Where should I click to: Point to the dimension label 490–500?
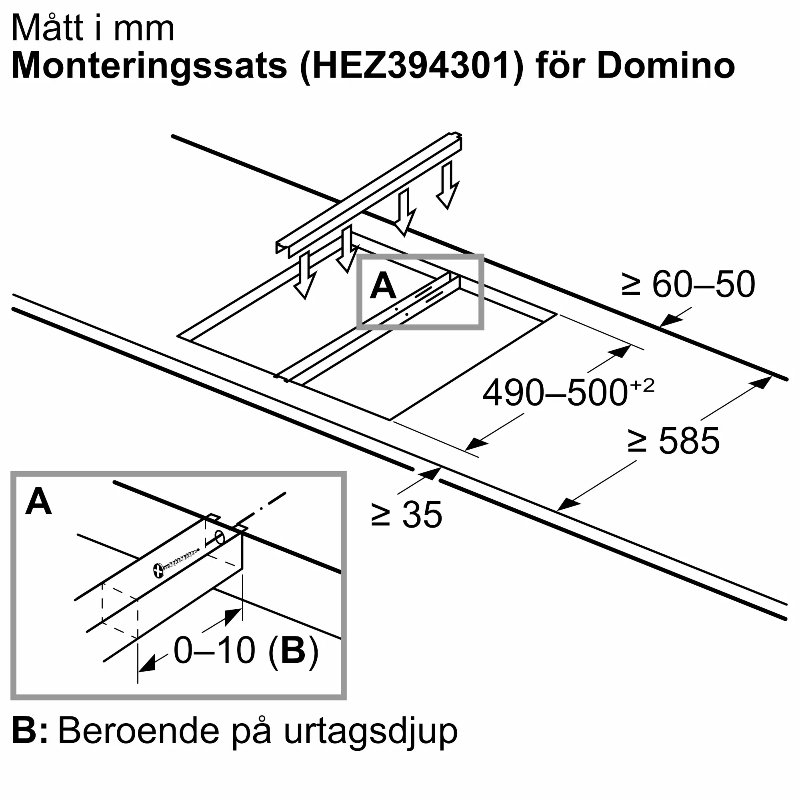[x=555, y=393]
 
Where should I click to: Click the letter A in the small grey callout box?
[x=383, y=286]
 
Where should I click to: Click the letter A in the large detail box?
[x=38, y=502]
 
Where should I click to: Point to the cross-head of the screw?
[x=158, y=571]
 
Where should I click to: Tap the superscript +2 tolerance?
[x=642, y=386]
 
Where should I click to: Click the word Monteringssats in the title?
[x=150, y=66]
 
